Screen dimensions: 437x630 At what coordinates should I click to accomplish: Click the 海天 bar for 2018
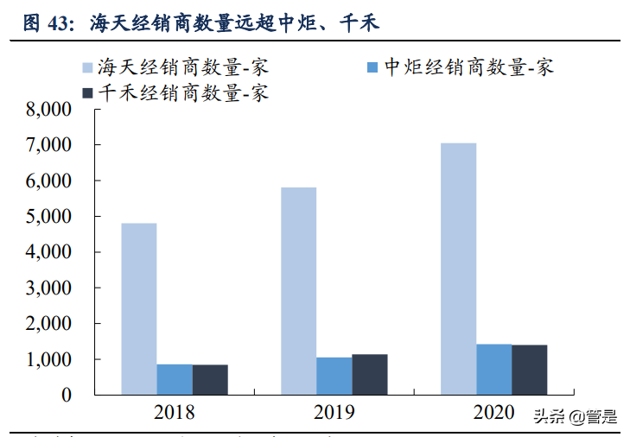coord(138,308)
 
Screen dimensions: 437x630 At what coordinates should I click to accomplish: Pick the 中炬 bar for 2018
coord(174,379)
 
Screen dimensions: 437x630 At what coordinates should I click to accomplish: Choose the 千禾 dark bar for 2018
coord(210,379)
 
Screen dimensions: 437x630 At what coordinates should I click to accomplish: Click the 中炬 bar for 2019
coord(334,376)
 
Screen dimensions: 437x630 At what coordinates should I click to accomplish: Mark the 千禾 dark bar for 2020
coord(529,370)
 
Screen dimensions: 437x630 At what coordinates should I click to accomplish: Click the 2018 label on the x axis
coord(174,413)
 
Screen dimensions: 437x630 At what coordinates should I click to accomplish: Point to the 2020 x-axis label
coord(493,413)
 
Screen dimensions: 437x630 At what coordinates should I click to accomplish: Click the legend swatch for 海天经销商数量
coord(87,66)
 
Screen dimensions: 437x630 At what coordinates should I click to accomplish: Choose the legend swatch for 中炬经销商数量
coord(372,66)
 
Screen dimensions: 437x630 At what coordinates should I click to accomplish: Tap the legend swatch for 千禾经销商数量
coord(87,92)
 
